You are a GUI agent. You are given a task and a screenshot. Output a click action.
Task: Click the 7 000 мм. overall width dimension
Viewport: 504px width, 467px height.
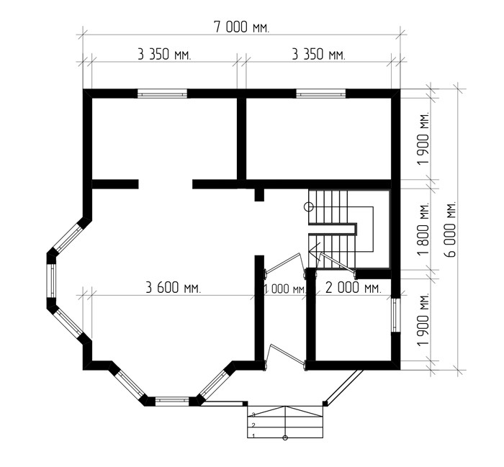tap(241, 27)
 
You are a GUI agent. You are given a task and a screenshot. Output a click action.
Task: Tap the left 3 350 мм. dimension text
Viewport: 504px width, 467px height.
tap(164, 54)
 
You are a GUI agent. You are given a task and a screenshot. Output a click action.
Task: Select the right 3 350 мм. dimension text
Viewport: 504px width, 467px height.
tap(318, 54)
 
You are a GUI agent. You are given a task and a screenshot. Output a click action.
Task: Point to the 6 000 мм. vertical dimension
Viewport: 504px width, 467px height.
tap(451, 229)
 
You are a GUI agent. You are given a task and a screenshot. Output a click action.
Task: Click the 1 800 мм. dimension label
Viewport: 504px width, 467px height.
tap(423, 229)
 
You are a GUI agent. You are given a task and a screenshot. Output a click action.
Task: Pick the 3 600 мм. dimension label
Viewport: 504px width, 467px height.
tap(174, 287)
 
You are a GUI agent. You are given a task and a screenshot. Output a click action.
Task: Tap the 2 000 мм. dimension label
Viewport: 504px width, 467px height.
tap(354, 287)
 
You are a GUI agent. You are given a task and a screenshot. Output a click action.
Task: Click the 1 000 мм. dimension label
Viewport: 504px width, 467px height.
tap(285, 289)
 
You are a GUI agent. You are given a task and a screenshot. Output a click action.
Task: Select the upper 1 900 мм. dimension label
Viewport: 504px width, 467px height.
tap(423, 138)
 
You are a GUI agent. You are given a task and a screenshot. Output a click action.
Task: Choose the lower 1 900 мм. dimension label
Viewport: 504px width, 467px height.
tap(423, 319)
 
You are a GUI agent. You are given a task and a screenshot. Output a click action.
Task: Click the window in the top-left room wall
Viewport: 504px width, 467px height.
tap(162, 94)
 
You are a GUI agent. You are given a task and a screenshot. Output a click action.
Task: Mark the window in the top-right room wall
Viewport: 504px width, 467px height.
tap(321, 94)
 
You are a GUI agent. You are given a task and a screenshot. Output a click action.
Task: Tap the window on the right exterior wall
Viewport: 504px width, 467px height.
tap(396, 315)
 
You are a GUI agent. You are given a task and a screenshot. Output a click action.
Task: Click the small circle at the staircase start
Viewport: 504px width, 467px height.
tap(309, 207)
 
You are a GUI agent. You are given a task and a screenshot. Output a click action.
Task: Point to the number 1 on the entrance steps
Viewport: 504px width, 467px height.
tap(254, 436)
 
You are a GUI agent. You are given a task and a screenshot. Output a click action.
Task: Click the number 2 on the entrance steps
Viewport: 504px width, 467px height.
tap(253, 425)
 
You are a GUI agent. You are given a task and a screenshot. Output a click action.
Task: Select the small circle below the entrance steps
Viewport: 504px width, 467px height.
tap(285, 437)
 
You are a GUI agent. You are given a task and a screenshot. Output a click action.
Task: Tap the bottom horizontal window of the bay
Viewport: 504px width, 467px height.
tap(172, 400)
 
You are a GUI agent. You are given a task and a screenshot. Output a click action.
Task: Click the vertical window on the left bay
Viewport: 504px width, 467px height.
tap(51, 281)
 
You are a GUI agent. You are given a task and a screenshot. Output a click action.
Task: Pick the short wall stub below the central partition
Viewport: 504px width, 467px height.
tap(259, 195)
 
